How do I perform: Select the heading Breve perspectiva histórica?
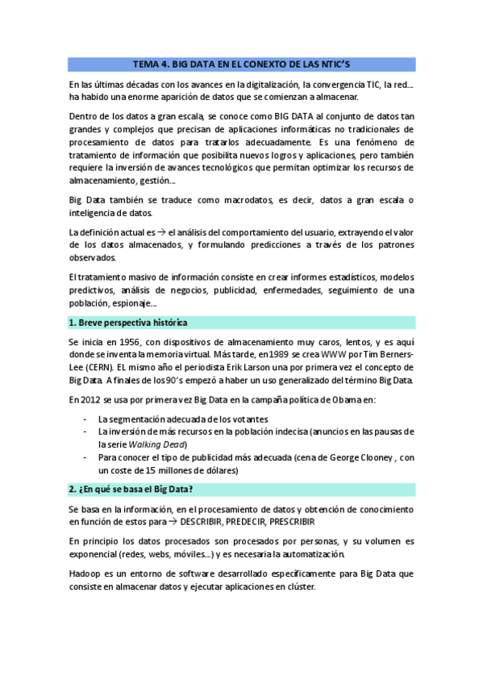134,323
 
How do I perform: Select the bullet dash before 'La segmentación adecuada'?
86,419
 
